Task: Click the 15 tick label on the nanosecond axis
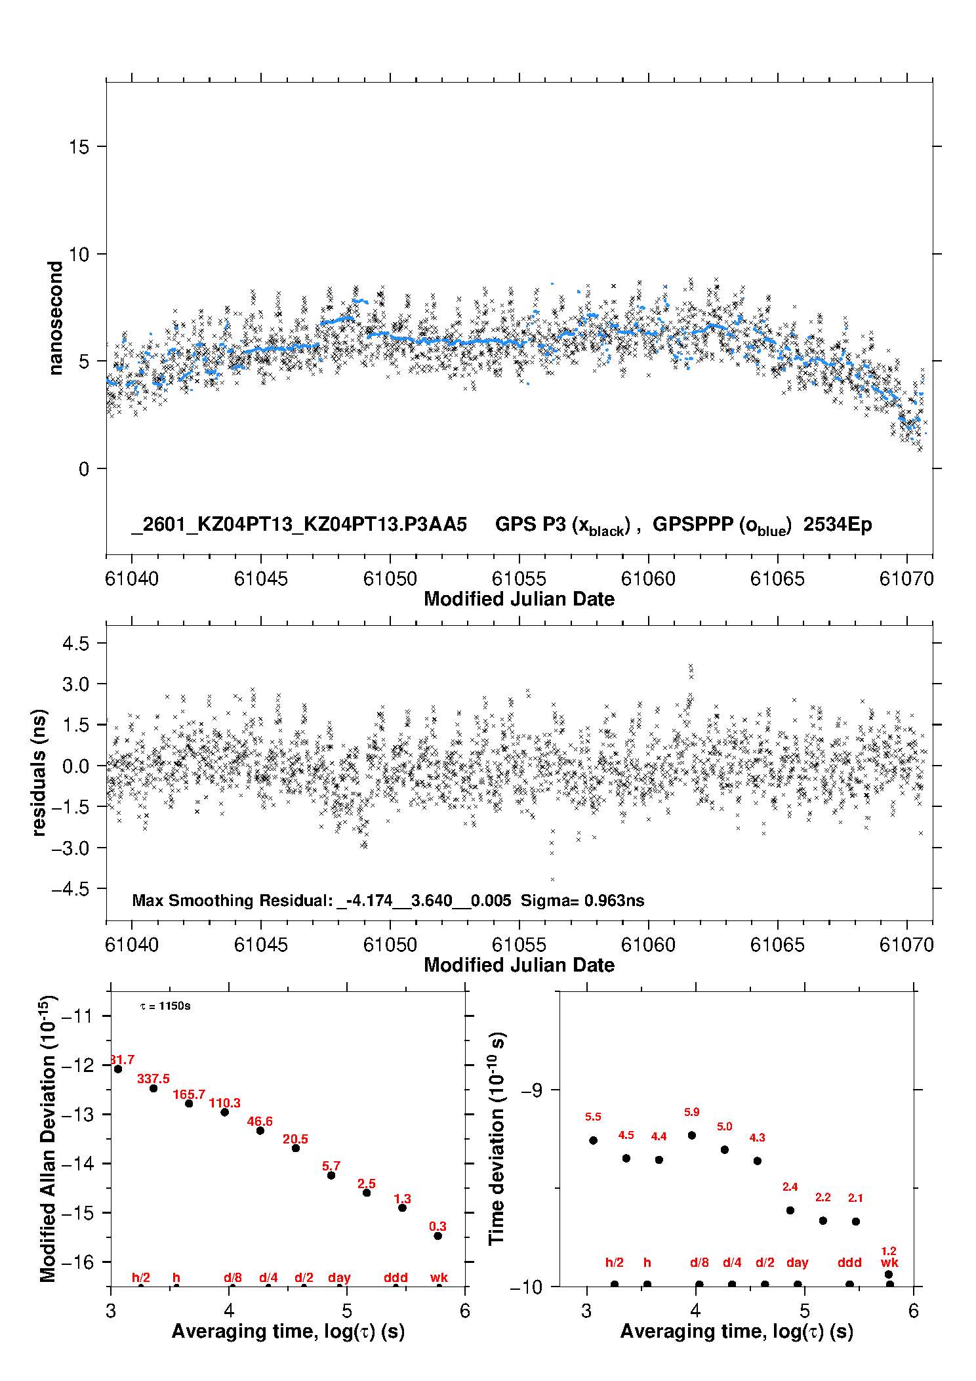click(x=79, y=147)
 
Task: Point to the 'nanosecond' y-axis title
click(x=56, y=318)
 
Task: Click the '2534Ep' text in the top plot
click(x=838, y=525)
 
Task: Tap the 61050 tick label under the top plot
click(x=390, y=579)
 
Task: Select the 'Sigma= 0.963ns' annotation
click(x=582, y=900)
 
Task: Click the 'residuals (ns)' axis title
click(x=39, y=772)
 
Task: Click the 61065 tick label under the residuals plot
click(x=777, y=945)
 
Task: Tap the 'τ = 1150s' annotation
click(x=165, y=1006)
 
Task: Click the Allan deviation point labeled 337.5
click(x=153, y=1088)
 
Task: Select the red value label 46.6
click(x=260, y=1121)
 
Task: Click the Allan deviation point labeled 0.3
click(x=437, y=1236)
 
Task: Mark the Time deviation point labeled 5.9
click(x=692, y=1135)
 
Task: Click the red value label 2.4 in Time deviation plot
click(x=790, y=1187)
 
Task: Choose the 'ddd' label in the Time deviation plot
click(x=849, y=1262)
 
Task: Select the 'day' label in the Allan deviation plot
click(x=339, y=1277)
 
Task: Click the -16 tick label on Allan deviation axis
click(x=77, y=1262)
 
